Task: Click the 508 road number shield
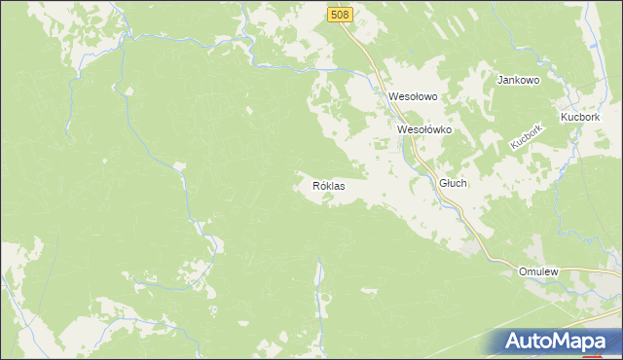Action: click(x=340, y=15)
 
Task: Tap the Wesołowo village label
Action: click(x=413, y=97)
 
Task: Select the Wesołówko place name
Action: click(x=423, y=128)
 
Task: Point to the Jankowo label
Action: click(x=519, y=80)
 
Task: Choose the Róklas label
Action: click(x=329, y=185)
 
